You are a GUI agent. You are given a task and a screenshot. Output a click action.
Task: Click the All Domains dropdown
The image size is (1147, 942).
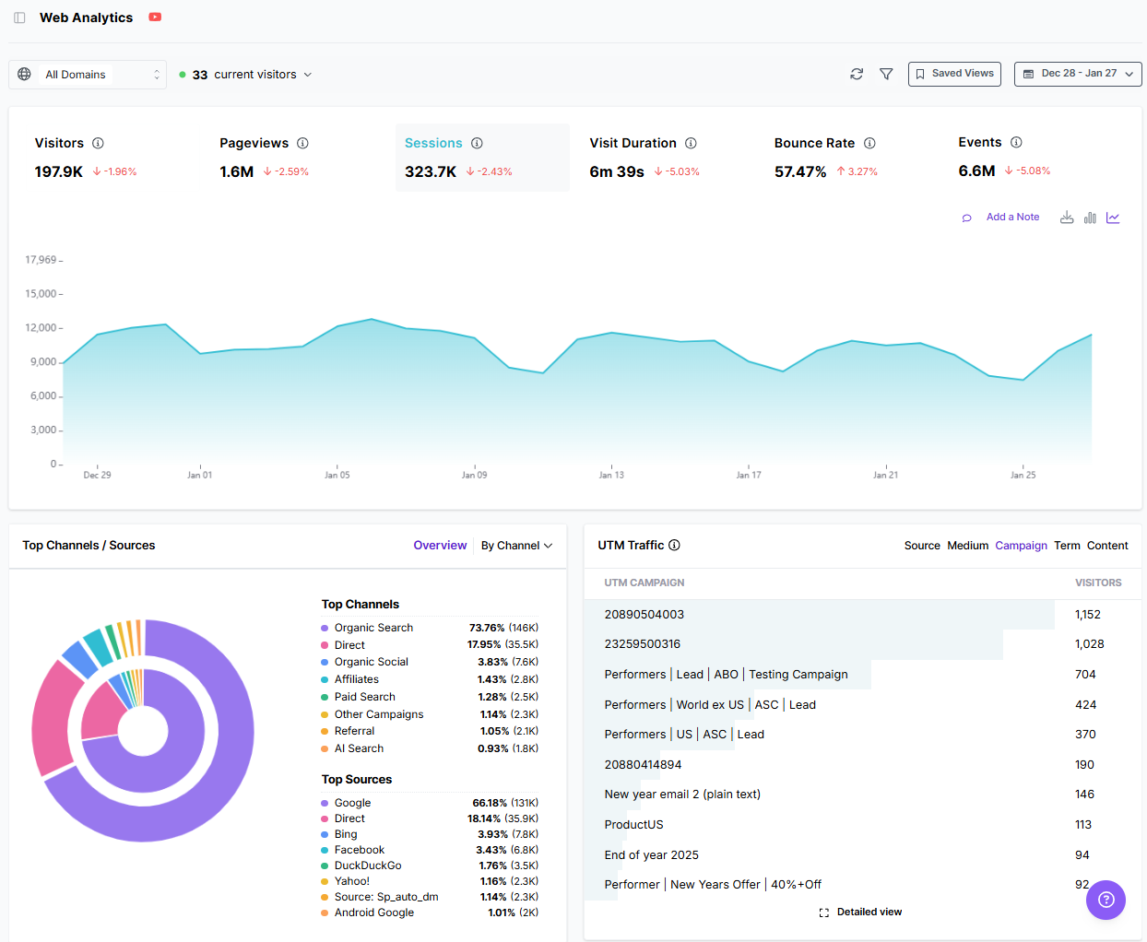(x=88, y=75)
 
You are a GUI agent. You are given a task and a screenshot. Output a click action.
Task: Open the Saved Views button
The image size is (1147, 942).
(x=954, y=74)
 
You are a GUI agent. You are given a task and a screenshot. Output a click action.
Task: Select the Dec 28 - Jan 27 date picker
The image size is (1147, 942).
(x=1077, y=74)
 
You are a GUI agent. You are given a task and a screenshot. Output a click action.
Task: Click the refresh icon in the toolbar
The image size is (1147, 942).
(x=857, y=74)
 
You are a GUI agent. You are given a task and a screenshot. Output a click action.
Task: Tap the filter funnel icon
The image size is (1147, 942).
(x=886, y=74)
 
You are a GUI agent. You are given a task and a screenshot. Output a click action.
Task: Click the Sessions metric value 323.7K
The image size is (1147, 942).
(x=431, y=171)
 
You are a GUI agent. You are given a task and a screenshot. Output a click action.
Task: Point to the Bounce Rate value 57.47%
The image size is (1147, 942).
(x=799, y=171)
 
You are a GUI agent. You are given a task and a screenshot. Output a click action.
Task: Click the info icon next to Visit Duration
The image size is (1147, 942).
(x=691, y=143)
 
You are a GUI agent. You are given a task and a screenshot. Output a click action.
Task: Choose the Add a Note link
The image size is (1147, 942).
(x=1011, y=218)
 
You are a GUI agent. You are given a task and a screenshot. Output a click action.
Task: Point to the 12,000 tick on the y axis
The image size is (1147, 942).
(x=41, y=328)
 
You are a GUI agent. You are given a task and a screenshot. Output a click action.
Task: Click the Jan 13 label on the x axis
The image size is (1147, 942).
(x=611, y=475)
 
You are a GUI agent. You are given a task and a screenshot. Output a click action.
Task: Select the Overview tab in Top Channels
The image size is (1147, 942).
(x=440, y=546)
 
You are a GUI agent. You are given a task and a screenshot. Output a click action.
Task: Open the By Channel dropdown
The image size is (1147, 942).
(x=516, y=546)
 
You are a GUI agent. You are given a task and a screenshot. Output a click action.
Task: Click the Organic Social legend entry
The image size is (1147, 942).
(x=371, y=662)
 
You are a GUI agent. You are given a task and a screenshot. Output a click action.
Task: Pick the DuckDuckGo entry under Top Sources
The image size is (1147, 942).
(x=367, y=865)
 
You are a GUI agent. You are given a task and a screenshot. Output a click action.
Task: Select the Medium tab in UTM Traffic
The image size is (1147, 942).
(x=967, y=546)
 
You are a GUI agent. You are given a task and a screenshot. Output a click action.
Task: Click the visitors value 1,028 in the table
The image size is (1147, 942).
(x=1089, y=644)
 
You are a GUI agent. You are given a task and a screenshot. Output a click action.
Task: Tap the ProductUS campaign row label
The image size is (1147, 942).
(x=633, y=825)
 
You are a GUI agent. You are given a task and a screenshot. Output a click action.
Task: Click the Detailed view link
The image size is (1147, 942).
(x=869, y=913)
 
